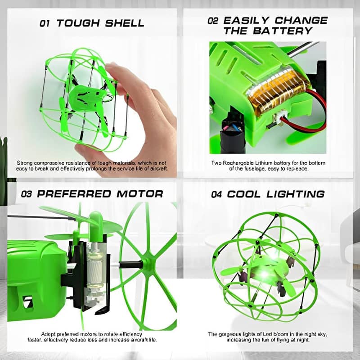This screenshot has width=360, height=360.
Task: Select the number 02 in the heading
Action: pos(213,21)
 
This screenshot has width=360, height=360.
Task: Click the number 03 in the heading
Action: pos(27,194)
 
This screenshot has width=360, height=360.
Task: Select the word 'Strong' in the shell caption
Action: pos(25,162)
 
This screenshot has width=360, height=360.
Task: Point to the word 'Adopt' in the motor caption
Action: pos(48,334)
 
